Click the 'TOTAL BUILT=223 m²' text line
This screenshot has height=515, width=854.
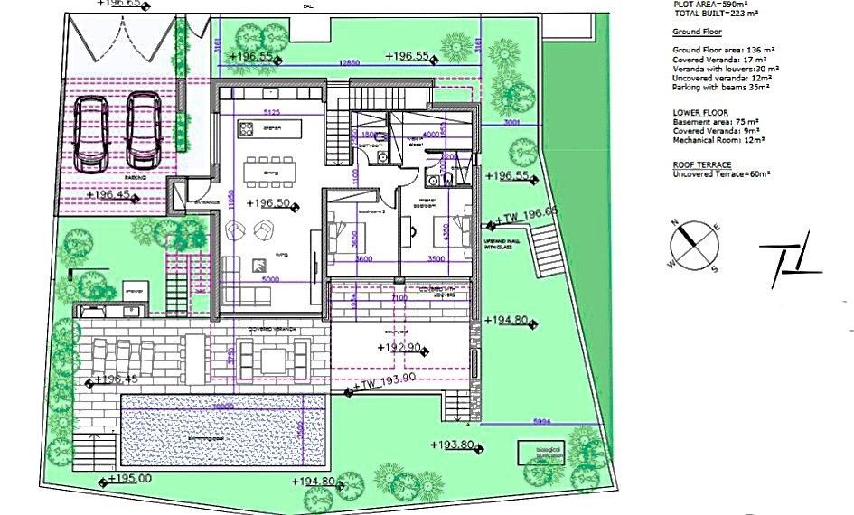(716, 14)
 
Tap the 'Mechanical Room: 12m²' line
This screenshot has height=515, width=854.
(718, 140)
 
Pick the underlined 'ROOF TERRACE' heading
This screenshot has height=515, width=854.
(702, 164)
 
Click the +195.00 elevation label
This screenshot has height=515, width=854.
(130, 479)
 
